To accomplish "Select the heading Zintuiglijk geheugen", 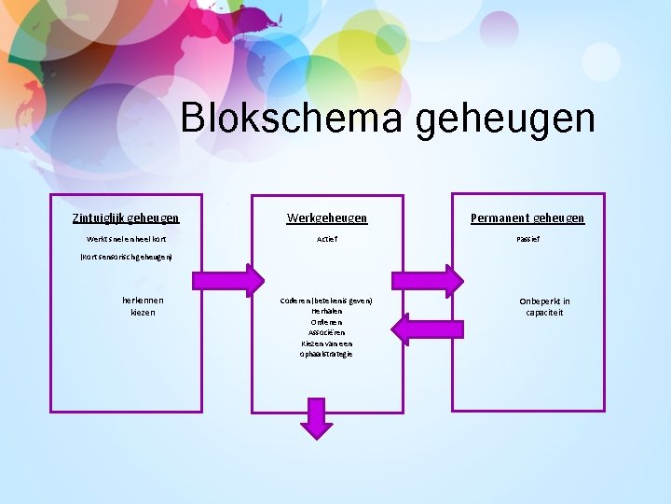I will (x=126, y=217).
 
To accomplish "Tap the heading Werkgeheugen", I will (x=326, y=217).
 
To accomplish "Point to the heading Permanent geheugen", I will (x=527, y=217).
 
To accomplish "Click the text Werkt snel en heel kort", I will (x=126, y=239).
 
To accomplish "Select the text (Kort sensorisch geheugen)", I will (x=126, y=256).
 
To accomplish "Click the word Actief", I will (x=326, y=239).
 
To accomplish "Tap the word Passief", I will (x=527, y=239).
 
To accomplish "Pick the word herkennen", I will (x=144, y=301).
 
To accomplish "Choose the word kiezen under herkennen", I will (x=144, y=313).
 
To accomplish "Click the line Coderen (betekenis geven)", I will (x=326, y=301).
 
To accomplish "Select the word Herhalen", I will (x=326, y=311).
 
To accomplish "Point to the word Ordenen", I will (x=326, y=322).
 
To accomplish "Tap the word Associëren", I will (x=326, y=332).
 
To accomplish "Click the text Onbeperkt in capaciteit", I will (x=544, y=307).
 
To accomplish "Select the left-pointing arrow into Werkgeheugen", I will (x=427, y=329).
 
